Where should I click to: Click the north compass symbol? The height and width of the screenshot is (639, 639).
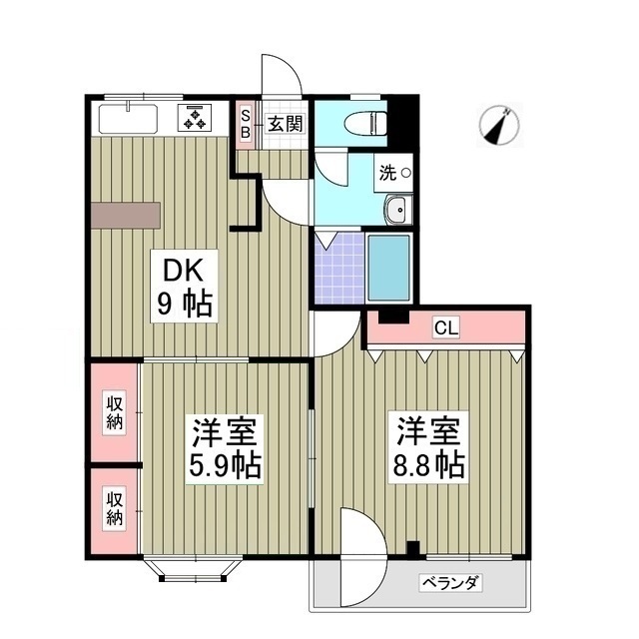point(500,126)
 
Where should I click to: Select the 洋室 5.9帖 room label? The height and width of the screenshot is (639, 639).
point(226,448)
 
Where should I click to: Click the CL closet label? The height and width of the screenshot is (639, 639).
point(445,327)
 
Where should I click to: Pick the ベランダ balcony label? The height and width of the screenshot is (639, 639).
point(450,583)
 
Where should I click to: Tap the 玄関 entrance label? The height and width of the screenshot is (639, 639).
point(285,124)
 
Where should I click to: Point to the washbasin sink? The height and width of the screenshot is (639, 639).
point(396,211)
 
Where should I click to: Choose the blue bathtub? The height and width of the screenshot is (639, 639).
point(389,267)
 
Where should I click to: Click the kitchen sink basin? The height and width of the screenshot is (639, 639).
point(126,119)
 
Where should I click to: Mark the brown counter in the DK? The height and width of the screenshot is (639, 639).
point(126,215)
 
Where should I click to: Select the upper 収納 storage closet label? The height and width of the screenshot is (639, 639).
point(115,412)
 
